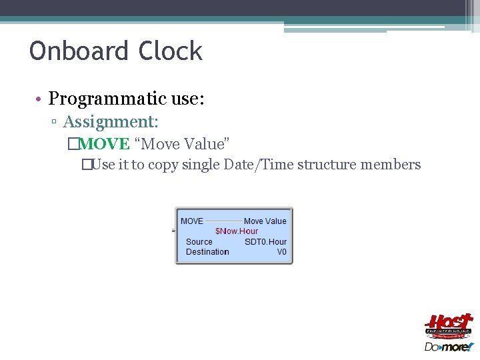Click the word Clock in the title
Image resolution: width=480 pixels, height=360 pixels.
coord(171,51)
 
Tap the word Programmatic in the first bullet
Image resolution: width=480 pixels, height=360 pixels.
coord(107,99)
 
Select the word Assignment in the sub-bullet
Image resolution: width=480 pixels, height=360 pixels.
coord(110,122)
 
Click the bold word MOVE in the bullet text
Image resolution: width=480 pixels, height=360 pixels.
coord(103,144)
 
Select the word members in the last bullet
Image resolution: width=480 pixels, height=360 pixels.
coord(393,165)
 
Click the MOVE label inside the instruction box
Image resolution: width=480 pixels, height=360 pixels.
coord(192,221)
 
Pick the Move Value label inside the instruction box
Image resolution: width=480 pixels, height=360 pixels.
coord(265,221)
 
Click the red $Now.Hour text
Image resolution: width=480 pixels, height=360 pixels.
coord(236,231)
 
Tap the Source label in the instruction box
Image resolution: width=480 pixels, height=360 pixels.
coord(199,242)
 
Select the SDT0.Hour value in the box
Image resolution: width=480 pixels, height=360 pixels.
coord(265,242)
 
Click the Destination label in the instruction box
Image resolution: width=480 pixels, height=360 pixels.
coord(207,252)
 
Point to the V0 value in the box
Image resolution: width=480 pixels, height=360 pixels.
coord(281,252)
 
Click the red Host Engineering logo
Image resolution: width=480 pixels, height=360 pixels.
coord(449,326)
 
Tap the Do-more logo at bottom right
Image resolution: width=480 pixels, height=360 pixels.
coord(448,347)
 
